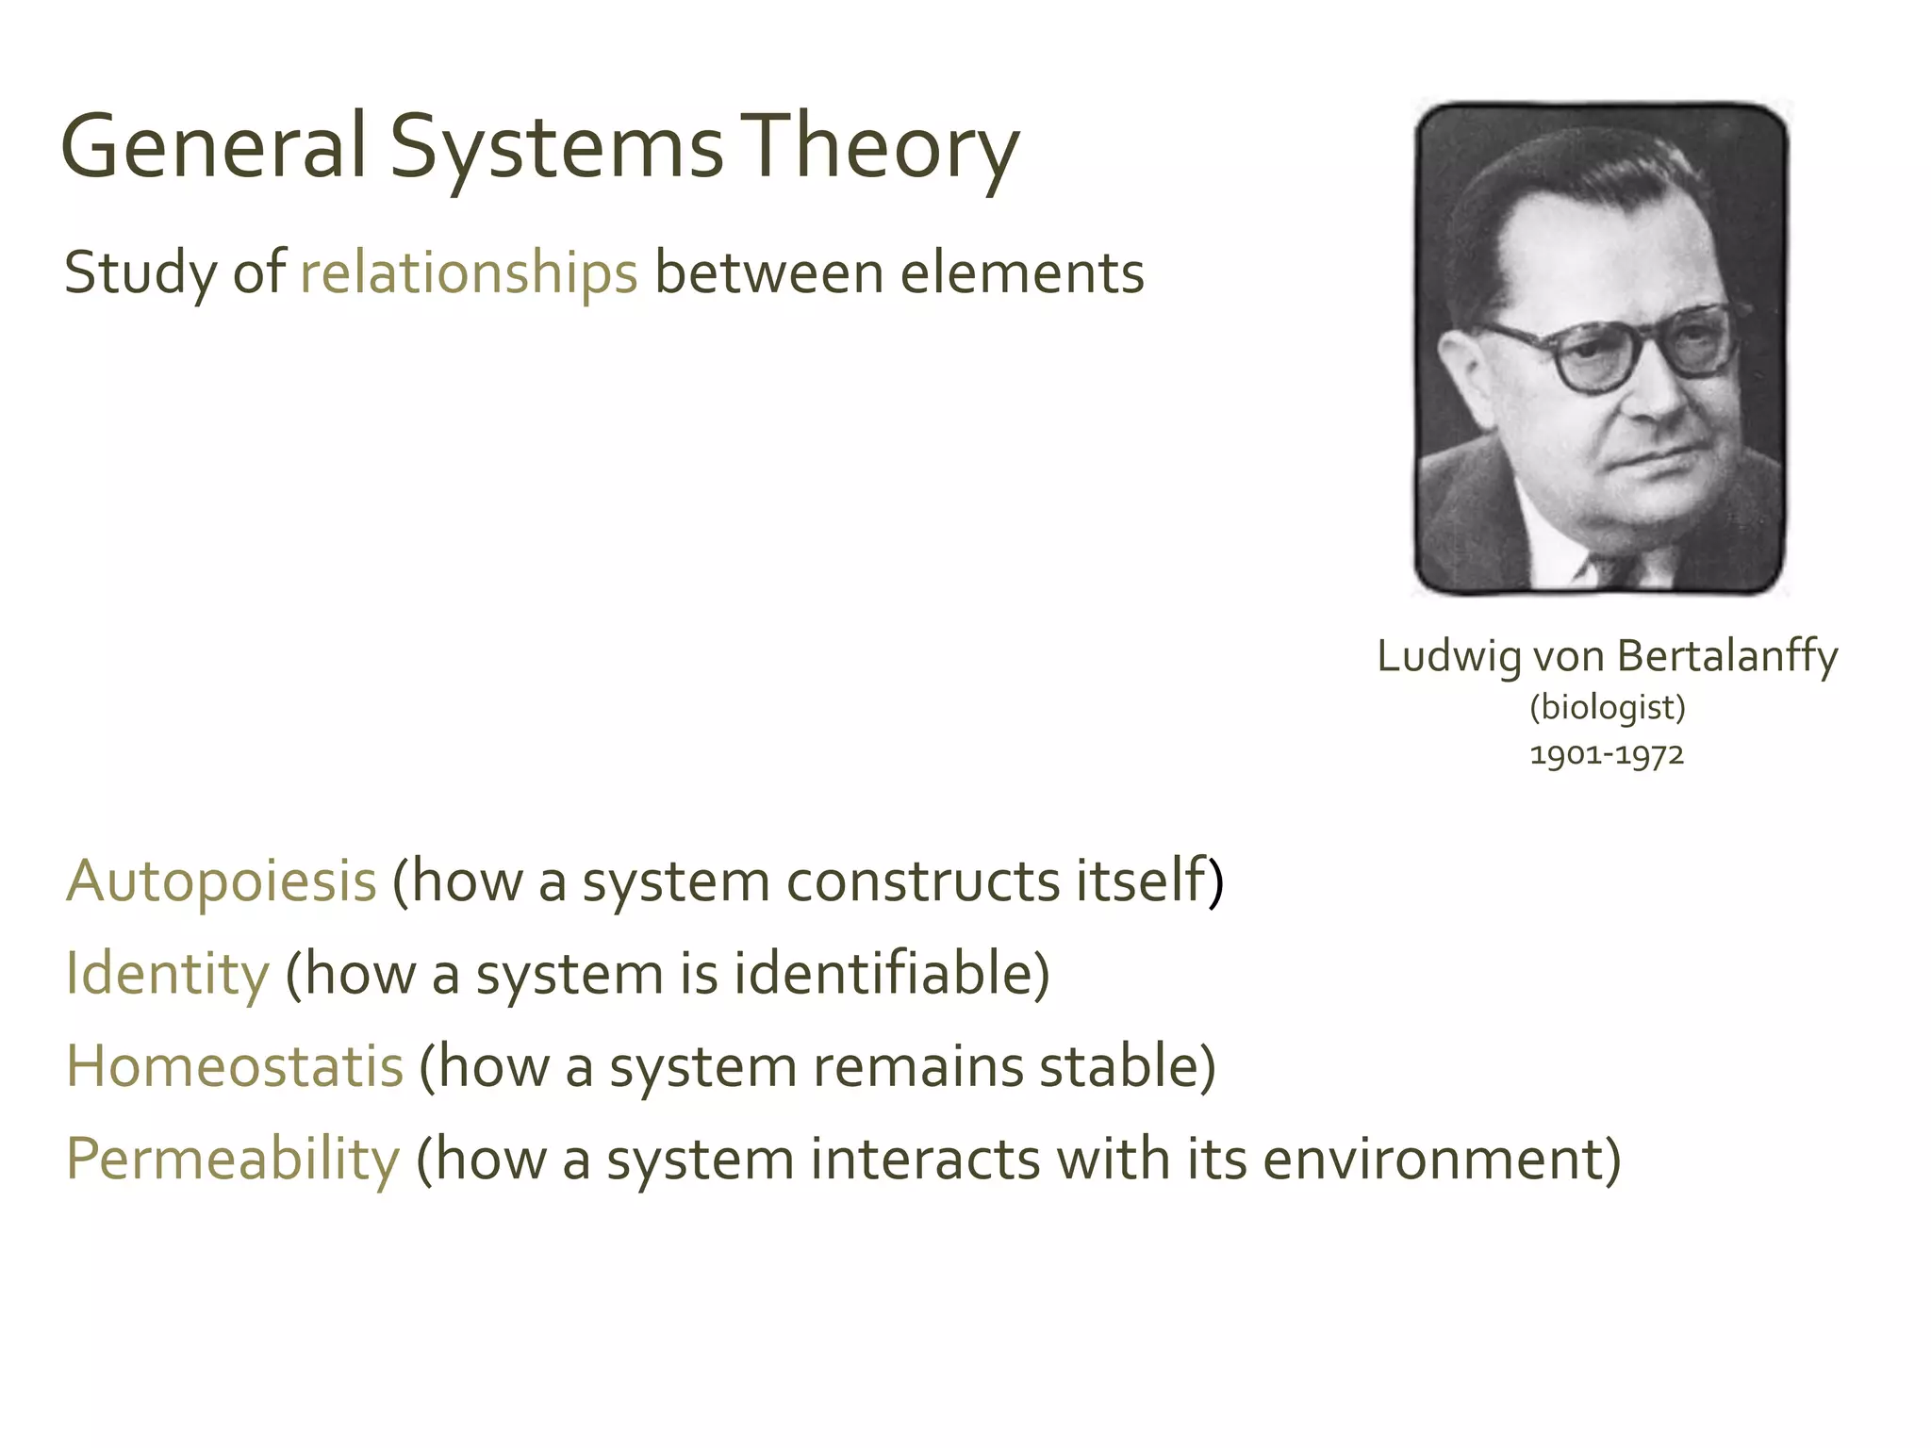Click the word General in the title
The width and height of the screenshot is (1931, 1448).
coord(213,146)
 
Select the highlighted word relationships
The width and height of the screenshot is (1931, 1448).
coord(469,273)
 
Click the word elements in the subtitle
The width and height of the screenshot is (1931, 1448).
coord(1022,273)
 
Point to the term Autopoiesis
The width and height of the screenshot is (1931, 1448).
coord(222,881)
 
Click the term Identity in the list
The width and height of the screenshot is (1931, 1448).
coord(168,974)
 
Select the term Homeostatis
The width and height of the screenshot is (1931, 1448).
coord(235,1066)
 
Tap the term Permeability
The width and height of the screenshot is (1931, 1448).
coord(233,1159)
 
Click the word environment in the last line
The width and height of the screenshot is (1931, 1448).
coord(1441,1159)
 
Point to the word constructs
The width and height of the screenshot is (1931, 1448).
coord(923,881)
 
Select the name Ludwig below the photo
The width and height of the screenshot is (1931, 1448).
coord(1448,656)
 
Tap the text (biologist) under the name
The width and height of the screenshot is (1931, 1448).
coord(1607,707)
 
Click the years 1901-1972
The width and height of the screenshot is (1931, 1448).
coord(1607,755)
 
